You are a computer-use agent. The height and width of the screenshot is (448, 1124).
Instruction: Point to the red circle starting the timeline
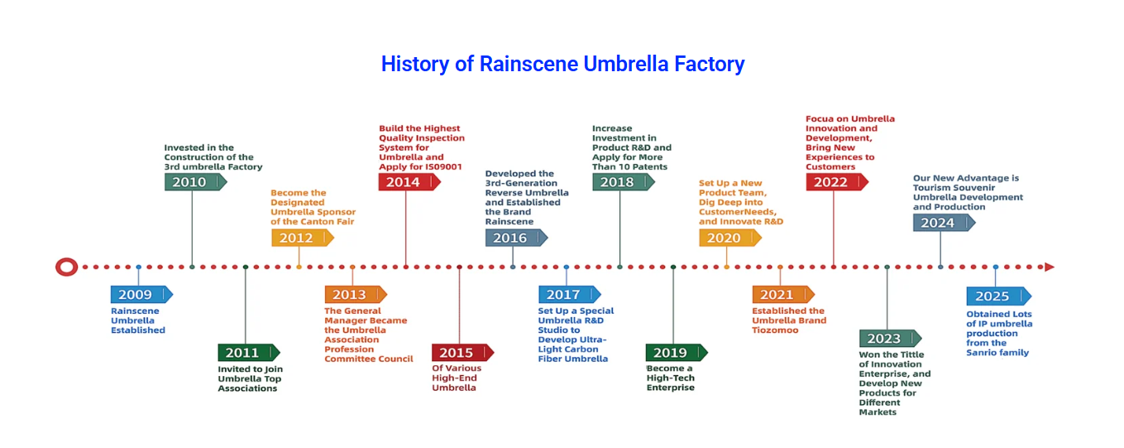67,267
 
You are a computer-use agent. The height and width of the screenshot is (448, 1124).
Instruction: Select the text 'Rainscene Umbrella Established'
138,320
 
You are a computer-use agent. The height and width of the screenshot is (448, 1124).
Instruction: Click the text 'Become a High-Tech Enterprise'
671,378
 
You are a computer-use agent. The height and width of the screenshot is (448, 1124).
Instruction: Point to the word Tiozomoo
775,330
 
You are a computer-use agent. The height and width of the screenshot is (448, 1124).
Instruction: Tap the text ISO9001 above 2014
443,166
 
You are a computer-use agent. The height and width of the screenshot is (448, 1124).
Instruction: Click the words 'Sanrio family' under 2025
997,353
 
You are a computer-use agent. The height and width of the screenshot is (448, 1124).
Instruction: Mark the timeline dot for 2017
567,267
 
